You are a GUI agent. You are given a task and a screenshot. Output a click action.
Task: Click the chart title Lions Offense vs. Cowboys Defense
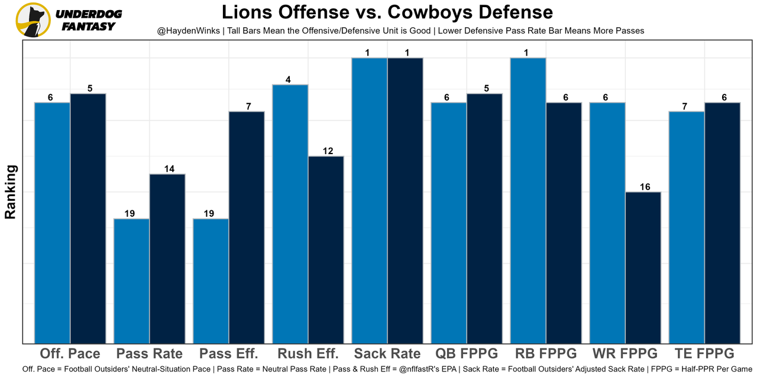[387, 12]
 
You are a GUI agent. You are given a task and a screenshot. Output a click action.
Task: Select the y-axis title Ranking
[10, 192]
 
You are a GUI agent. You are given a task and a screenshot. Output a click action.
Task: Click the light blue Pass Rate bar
[131, 281]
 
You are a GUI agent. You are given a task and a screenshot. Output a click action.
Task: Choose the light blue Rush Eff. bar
[290, 213]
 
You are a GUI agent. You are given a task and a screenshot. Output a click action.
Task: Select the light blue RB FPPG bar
[528, 200]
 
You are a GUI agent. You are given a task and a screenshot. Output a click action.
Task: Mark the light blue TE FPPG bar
[686, 227]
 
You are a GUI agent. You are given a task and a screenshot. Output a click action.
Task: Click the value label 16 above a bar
[645, 187]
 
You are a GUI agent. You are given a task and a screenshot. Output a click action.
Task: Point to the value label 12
[328, 151]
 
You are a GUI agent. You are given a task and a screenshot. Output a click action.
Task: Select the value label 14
[169, 169]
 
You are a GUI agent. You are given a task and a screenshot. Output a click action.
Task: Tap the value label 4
[288, 80]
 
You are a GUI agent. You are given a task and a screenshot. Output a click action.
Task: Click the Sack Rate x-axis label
[387, 354]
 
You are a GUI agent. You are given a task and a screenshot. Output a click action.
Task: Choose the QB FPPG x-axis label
[466, 354]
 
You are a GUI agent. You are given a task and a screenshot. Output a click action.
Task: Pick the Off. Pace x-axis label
[70, 354]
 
